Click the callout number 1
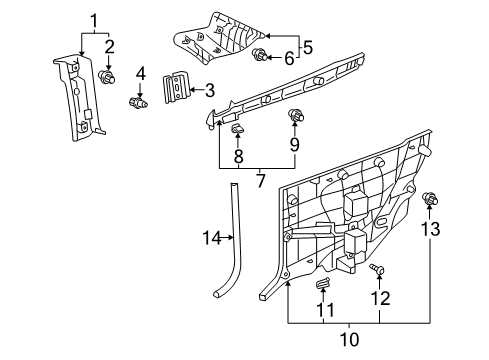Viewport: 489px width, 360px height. click(96, 20)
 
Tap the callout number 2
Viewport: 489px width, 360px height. click(110, 46)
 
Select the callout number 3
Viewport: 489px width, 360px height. click(210, 91)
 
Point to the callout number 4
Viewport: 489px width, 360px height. click(141, 72)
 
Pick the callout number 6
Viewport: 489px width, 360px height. click(289, 59)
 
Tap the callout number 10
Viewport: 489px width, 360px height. click(237, 156)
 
